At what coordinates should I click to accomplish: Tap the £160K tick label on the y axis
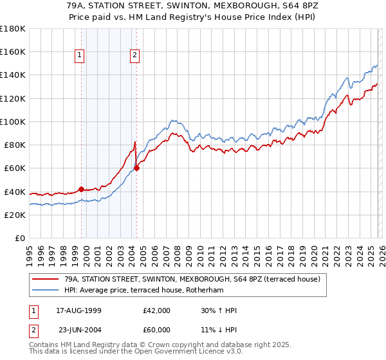coord(13,51)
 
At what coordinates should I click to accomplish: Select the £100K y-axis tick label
coord(13,122)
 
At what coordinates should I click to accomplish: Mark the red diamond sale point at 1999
coord(81,189)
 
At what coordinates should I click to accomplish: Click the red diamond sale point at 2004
coord(136,168)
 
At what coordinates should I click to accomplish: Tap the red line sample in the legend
coord(46,279)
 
